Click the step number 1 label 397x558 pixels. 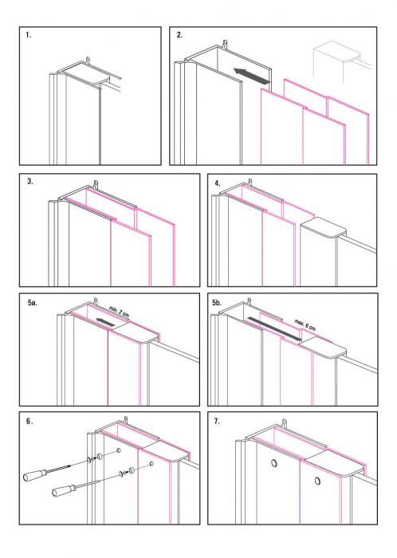coord(29,36)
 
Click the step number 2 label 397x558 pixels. coord(180,36)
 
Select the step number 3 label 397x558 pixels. coord(29,182)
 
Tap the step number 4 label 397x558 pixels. coord(218,183)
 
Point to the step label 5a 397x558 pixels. coord(32,305)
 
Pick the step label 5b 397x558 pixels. coord(221,305)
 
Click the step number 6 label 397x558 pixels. coord(29,420)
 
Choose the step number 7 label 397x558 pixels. coord(218,420)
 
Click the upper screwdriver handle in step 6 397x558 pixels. coord(33,476)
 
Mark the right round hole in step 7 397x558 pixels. coord(316,481)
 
